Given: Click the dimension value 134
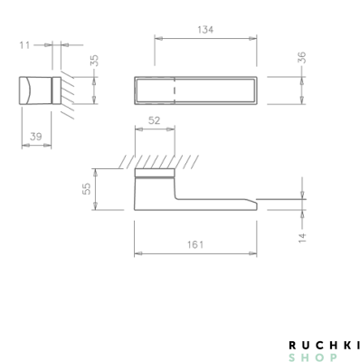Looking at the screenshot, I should click(205, 30).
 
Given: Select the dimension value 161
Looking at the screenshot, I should click(196, 245).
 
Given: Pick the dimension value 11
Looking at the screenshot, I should click(24, 43).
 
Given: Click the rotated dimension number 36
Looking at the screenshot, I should click(301, 58).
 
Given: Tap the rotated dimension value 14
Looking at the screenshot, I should click(302, 237).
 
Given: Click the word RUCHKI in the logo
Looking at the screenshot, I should click(324, 345).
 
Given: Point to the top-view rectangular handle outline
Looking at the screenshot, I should click(196, 80).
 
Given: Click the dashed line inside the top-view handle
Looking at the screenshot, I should click(175, 90).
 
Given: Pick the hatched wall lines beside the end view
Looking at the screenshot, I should click(65, 91).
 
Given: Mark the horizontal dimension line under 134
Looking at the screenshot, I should click(205, 39).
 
